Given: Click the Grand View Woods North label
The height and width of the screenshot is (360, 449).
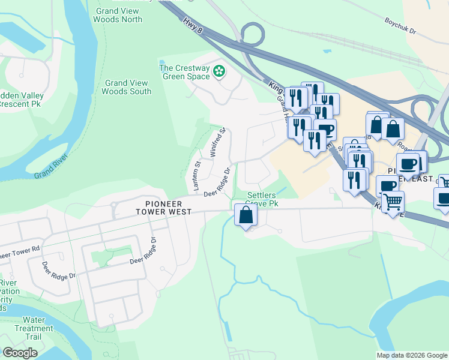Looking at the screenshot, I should (x=118, y=14).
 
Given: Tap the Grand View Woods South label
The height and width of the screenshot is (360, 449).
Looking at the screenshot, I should (x=127, y=87).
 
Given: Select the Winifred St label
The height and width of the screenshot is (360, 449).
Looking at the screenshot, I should (x=217, y=143).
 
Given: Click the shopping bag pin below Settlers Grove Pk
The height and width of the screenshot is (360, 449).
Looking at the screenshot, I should (x=246, y=215).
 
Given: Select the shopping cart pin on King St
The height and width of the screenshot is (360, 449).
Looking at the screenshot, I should (x=392, y=203).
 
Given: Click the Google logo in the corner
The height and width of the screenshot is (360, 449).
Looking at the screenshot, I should (x=20, y=353).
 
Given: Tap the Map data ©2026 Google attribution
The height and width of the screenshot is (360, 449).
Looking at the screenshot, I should (x=411, y=355).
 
